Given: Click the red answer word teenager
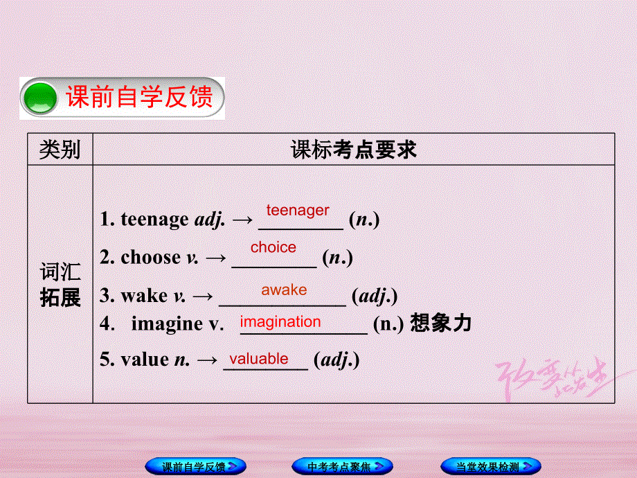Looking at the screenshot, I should point(298,210).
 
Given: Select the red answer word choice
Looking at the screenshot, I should point(273,247).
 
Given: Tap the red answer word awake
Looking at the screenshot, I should point(284,290).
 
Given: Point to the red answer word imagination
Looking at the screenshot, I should point(280,321).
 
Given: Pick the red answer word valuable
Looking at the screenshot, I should point(259,358).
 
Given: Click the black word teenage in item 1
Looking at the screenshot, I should point(154,220).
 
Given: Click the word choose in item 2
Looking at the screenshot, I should point(150,258).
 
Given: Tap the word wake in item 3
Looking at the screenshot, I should point(144,296).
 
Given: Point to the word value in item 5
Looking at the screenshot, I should point(145,360).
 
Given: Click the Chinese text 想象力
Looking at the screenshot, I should point(440,324).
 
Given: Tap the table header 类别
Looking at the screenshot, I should point(60,149).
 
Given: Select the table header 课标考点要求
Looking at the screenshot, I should point(353,149).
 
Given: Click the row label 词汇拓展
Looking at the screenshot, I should point(60,285).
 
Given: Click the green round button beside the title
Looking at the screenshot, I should point(40,99).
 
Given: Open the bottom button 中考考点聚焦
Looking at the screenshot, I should point(342,466).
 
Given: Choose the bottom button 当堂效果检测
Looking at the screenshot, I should point(491,466).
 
